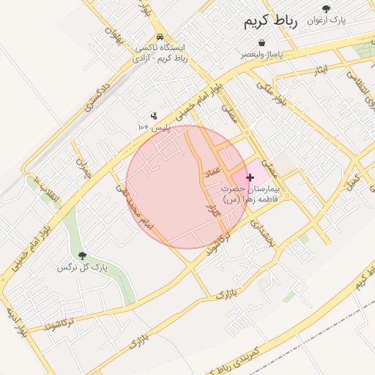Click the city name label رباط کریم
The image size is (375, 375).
click(x=272, y=23)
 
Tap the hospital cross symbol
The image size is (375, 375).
click(x=250, y=177)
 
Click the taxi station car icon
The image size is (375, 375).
click(x=160, y=37)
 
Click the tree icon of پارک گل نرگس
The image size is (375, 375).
click(x=81, y=256)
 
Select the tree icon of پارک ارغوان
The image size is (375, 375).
click(x=326, y=9)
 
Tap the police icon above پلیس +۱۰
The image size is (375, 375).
click(x=154, y=115)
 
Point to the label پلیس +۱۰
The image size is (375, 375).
click(x=154, y=127)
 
